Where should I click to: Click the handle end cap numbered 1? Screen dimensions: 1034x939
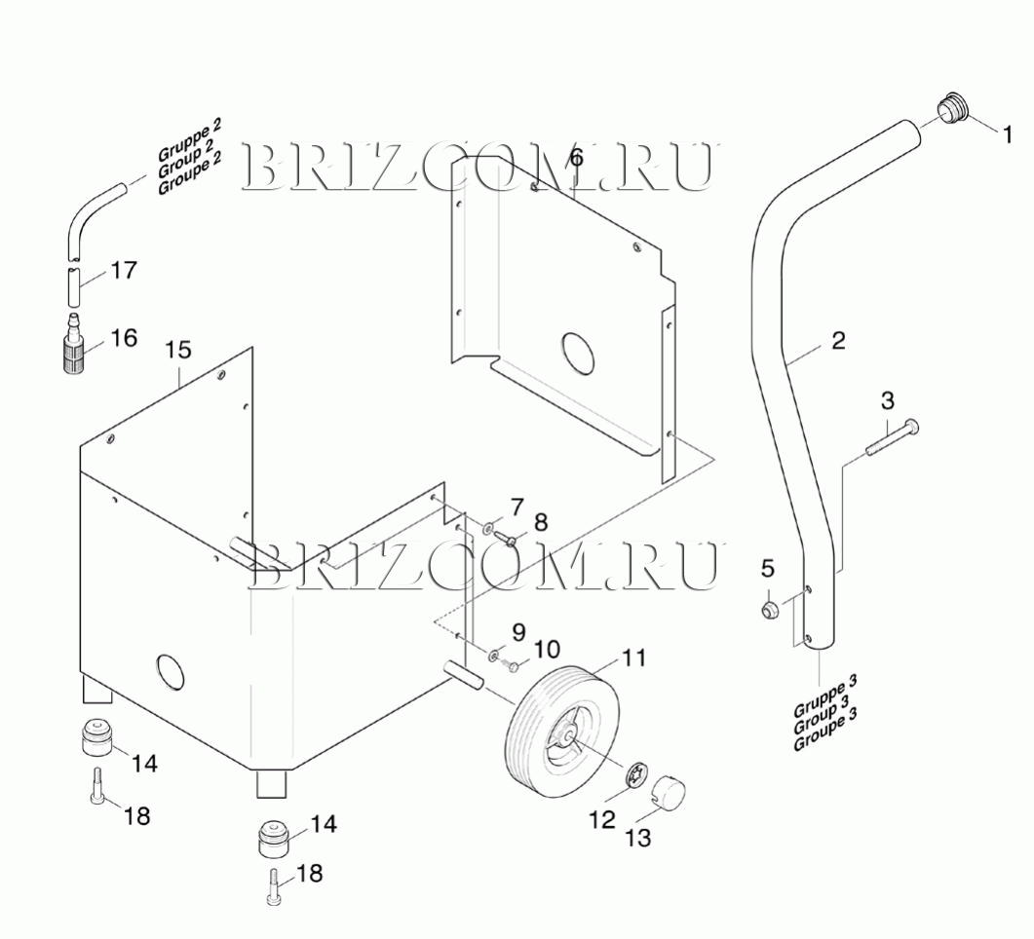pyautogui.click(x=952, y=108)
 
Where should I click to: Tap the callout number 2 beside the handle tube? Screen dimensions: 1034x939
pyautogui.click(x=838, y=341)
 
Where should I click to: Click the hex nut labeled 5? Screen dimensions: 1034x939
pyautogui.click(x=768, y=610)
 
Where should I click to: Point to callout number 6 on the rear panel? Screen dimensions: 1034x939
pyautogui.click(x=576, y=157)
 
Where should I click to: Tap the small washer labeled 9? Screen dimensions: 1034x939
pyautogui.click(x=496, y=654)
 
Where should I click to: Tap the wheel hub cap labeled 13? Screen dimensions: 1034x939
pyautogui.click(x=669, y=792)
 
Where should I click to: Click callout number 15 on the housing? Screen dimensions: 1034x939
pyautogui.click(x=178, y=349)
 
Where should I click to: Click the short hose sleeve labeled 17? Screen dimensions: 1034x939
pyautogui.click(x=74, y=289)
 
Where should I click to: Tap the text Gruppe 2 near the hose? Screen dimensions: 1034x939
pyautogui.click(x=189, y=140)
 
